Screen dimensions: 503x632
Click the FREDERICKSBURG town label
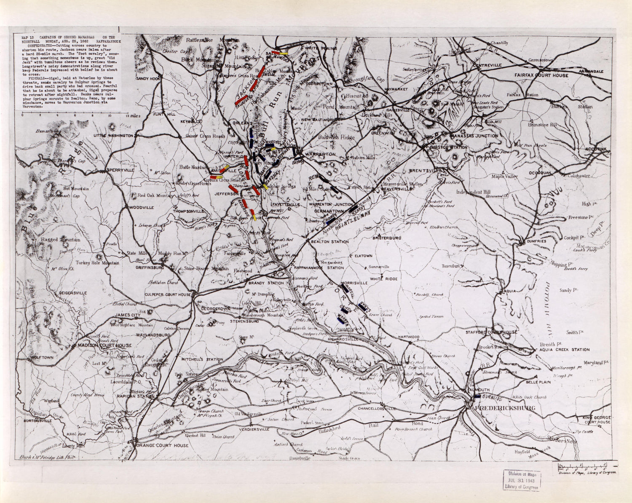505,408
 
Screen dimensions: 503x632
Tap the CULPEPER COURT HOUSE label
168,294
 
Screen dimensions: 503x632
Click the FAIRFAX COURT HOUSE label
541,75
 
